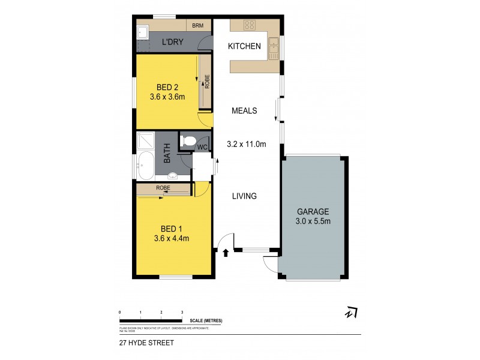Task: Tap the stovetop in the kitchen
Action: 250,25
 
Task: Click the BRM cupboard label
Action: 197,26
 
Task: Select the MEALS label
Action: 245,111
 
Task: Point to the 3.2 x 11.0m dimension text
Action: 247,144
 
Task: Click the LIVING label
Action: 245,196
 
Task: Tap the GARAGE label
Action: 313,212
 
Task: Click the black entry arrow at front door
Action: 226,252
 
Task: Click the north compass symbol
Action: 350,312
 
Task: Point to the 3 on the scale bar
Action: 182,313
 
